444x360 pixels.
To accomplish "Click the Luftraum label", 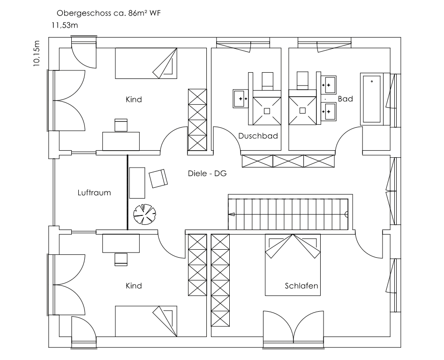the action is (94, 193).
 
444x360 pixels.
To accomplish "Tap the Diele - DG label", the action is (207, 174).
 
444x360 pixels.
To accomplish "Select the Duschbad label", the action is (258, 136).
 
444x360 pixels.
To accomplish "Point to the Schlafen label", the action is (301, 286).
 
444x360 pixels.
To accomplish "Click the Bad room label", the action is (346, 99).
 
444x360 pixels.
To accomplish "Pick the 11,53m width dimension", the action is (65, 25).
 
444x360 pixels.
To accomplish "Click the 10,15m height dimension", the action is (37, 54).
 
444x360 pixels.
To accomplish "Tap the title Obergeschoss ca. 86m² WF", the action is (109, 13).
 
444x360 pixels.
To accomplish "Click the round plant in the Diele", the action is (144, 214).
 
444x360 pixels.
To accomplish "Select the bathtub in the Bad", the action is (371, 99).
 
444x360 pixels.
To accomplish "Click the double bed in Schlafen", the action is (293, 265).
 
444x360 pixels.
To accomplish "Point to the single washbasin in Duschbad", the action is (241, 99).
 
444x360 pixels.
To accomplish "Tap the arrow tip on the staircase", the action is (231, 214).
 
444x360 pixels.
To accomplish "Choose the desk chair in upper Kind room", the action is (121, 125).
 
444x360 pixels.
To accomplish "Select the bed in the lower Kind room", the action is (146, 321).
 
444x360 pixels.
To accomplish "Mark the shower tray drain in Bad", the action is (302, 110).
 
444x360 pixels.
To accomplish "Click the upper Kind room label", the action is (134, 100).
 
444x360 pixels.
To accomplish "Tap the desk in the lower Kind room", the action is (121, 243).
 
